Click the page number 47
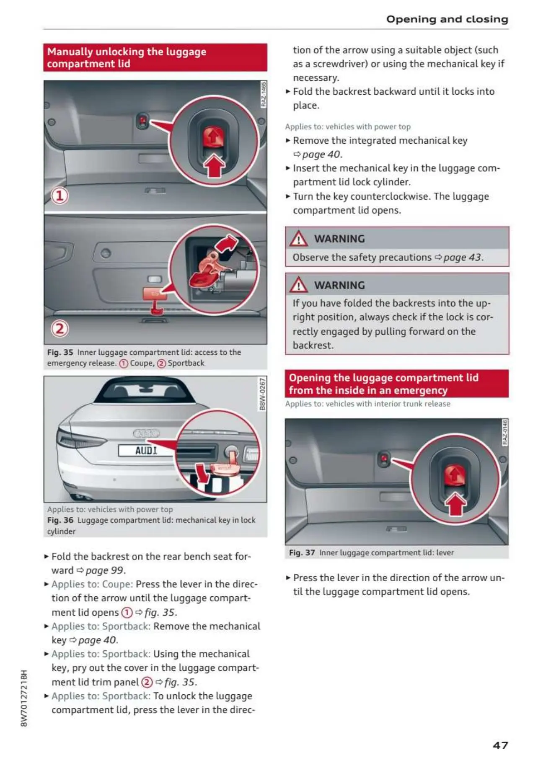[x=500, y=745]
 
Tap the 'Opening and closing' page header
[x=447, y=19]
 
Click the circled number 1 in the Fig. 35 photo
[x=59, y=196]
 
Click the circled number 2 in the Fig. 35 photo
[x=59, y=328]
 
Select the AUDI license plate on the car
[x=146, y=451]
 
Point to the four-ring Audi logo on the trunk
[x=146, y=433]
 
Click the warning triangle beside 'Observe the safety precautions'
[x=298, y=239]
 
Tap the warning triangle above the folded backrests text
[x=298, y=285]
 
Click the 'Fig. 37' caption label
[x=302, y=553]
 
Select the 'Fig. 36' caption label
[x=60, y=520]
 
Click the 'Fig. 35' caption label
[x=60, y=352]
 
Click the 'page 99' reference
[x=105, y=570]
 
